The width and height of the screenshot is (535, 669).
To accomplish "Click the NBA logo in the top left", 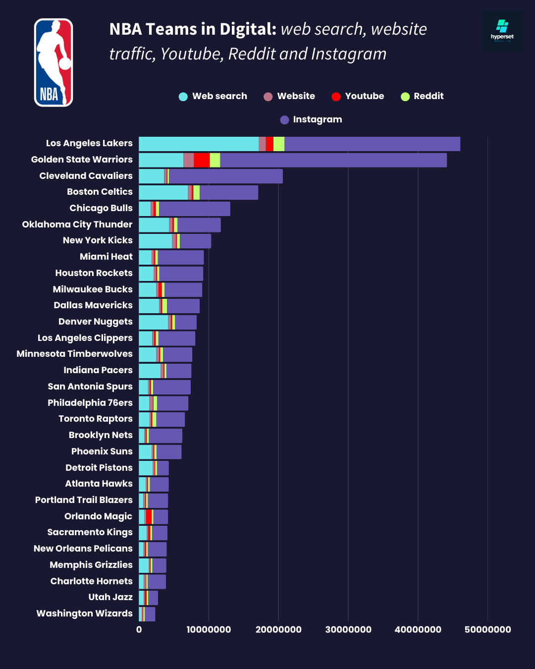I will point(53,63).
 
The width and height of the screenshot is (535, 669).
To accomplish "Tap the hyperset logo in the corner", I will point(502,31).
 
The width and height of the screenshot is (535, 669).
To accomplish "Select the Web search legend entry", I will point(213,96).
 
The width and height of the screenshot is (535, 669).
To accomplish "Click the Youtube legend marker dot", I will point(336,97).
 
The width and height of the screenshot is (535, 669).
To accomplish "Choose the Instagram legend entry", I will point(311,119).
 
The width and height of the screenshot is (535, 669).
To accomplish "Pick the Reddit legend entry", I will point(422,96).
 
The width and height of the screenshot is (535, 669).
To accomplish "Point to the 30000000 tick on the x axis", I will point(348,629).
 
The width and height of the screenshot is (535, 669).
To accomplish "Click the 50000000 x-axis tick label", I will point(487,629).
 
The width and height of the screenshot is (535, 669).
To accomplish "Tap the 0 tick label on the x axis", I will point(139,629).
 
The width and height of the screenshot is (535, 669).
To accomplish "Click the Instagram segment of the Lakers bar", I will point(372,144).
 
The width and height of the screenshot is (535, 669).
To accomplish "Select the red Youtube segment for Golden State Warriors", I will point(202,160).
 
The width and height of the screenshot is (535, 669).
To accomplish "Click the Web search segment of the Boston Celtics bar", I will point(163,192).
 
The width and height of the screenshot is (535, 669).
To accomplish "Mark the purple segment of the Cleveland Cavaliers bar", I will point(225,176).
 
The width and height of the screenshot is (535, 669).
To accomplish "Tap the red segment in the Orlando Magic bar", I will point(149,517).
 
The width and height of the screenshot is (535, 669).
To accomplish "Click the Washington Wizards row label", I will point(84,613).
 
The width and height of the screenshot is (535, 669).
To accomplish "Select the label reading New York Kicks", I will point(98,240).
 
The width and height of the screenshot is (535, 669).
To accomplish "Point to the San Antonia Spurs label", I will point(90,387).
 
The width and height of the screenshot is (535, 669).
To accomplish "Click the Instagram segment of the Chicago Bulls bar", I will point(194,209).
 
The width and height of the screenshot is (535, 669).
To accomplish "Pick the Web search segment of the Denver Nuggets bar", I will point(153,322).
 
